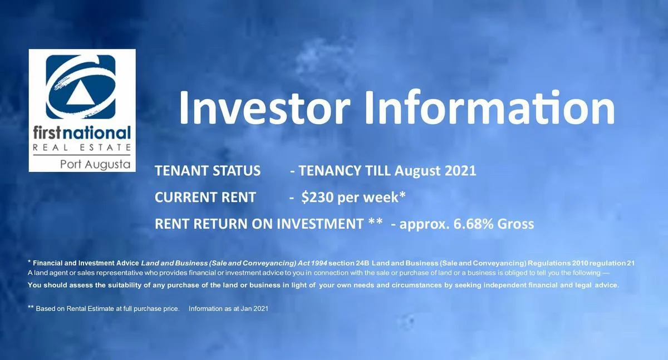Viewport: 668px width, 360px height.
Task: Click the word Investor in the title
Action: [264, 107]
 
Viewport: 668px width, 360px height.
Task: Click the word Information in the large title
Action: [489, 107]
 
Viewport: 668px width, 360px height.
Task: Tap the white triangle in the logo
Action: [81, 93]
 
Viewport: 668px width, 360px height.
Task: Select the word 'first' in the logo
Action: [47, 133]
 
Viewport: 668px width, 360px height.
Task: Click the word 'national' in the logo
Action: [97, 133]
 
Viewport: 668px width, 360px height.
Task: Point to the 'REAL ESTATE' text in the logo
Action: [82, 147]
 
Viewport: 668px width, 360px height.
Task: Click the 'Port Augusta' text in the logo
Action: [95, 165]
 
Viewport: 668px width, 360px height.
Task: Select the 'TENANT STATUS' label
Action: [208, 171]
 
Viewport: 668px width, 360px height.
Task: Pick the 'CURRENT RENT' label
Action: [205, 198]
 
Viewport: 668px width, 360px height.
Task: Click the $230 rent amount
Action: [317, 198]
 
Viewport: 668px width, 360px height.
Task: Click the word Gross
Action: [515, 224]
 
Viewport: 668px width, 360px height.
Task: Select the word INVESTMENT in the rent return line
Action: [320, 224]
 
